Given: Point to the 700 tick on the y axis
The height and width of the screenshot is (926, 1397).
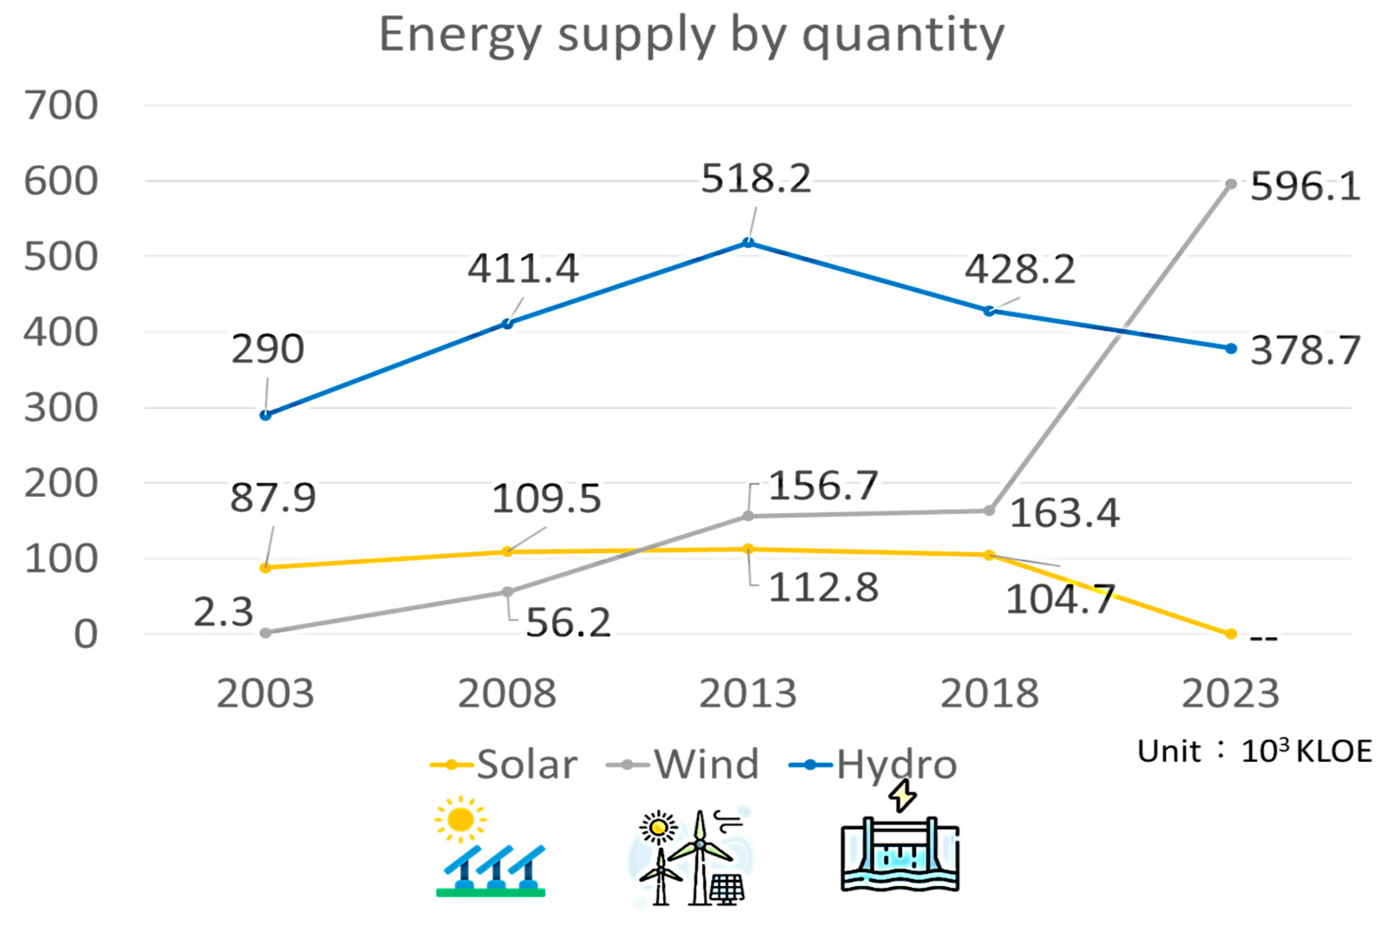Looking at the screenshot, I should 61,105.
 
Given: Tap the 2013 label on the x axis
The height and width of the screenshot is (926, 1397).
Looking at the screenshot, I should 748,693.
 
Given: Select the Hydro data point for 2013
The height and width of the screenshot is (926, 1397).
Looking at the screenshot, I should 748,243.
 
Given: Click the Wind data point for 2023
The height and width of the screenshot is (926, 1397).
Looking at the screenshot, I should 1230,184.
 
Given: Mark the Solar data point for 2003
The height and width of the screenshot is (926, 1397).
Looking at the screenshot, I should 266,567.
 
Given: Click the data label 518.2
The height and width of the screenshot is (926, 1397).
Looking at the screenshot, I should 756,178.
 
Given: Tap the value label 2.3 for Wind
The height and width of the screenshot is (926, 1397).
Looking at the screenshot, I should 223,613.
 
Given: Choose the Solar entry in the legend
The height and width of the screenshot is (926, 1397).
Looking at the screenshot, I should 505,765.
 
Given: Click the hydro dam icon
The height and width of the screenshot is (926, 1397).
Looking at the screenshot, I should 900,855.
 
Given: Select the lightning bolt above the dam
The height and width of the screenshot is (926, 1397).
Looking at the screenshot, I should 902,795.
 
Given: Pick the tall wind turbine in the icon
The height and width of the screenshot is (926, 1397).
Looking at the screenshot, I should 700,856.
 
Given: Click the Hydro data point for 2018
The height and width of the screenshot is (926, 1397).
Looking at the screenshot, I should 989,311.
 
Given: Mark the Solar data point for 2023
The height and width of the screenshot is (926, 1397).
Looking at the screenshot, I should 1230,634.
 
